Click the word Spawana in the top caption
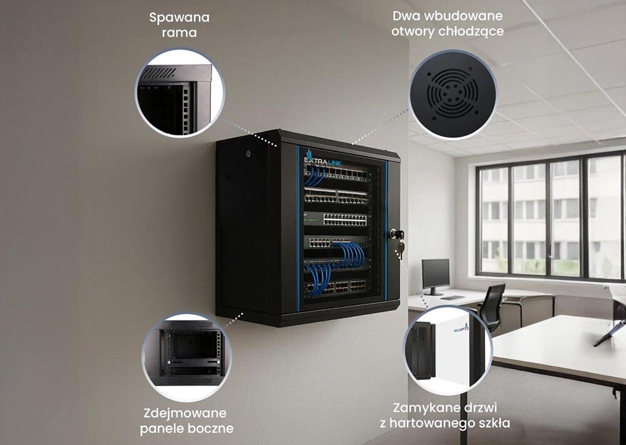tap(179, 18)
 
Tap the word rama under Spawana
tap(179, 33)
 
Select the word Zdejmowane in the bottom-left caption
tap(185, 413)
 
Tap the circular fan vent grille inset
tap(453, 94)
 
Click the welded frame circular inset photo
tap(180, 93)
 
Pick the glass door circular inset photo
tap(448, 350)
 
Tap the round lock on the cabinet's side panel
tap(249, 153)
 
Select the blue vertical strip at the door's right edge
tap(386, 231)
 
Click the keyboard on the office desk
tap(453, 298)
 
